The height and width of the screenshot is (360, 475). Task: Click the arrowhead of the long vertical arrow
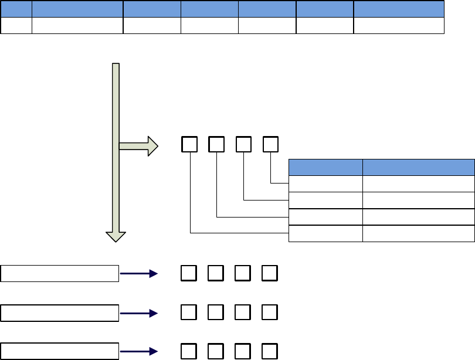(116, 236)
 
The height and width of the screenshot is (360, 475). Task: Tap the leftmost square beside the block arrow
(189, 145)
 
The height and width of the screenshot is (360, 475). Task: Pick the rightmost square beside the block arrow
(270, 145)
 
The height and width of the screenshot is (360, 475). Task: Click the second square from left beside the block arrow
(216, 145)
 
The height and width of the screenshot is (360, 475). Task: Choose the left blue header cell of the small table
(325, 167)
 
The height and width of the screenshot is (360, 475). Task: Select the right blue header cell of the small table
(418, 167)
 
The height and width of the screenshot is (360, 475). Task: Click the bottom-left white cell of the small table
(325, 233)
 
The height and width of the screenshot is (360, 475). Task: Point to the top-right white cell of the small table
(418, 184)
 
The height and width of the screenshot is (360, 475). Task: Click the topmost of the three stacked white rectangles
(60, 273)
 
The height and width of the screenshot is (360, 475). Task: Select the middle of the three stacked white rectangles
(60, 313)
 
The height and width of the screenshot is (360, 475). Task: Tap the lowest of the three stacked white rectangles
(60, 351)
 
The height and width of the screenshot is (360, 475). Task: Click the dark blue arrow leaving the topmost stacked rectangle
(139, 273)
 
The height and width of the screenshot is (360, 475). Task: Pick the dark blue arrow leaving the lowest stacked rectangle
(139, 351)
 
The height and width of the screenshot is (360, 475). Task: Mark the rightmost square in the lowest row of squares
(270, 351)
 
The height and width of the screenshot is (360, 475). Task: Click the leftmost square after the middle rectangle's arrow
(189, 313)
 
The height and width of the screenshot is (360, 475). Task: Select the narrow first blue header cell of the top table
(16, 9)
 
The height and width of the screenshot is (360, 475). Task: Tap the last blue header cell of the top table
(399, 9)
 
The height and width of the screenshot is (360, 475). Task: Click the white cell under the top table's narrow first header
(16, 25)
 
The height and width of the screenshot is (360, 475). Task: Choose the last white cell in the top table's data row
(399, 25)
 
